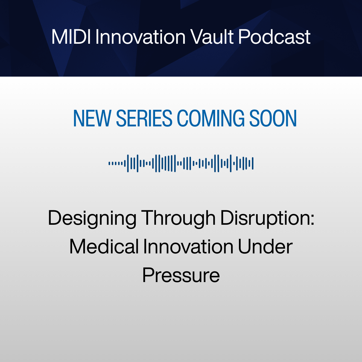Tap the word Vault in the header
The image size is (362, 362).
pyautogui.click(x=212, y=37)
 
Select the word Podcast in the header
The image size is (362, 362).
pyautogui.click(x=274, y=37)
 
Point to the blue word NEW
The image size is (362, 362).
pyautogui.click(x=92, y=118)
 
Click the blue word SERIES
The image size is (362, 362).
pyautogui.click(x=144, y=118)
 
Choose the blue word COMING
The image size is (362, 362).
pyautogui.click(x=211, y=118)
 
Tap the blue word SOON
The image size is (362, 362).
pyautogui.click(x=273, y=118)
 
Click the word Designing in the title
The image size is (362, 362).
pyautogui.click(x=92, y=219)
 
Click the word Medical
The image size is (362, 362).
pyautogui.click(x=104, y=246)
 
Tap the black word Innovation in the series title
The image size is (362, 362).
pyautogui.click(x=188, y=246)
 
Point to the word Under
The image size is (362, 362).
pyautogui.click(x=265, y=246)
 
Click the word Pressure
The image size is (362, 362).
pyautogui.click(x=181, y=275)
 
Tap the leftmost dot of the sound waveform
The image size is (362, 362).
pyautogui.click(x=109, y=163)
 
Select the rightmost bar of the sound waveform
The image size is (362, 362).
pyautogui.click(x=252, y=163)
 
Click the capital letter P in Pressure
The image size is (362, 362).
pyautogui.click(x=148, y=275)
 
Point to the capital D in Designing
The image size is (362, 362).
pyautogui.click(x=55, y=218)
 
